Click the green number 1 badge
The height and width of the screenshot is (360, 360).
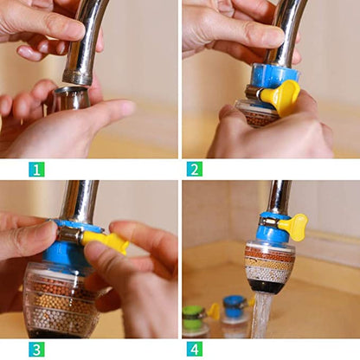tap(35, 168)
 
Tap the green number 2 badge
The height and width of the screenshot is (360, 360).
tap(195, 168)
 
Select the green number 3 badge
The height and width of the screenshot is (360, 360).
tap(35, 349)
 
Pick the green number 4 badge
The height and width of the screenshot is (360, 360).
tap(195, 349)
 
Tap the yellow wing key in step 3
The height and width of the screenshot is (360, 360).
tap(106, 242)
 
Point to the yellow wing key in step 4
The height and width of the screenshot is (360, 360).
tap(294, 227)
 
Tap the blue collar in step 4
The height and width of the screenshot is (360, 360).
tap(272, 230)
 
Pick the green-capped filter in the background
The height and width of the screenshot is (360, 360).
tap(194, 317)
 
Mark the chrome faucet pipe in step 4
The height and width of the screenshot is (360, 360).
tap(278, 196)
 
